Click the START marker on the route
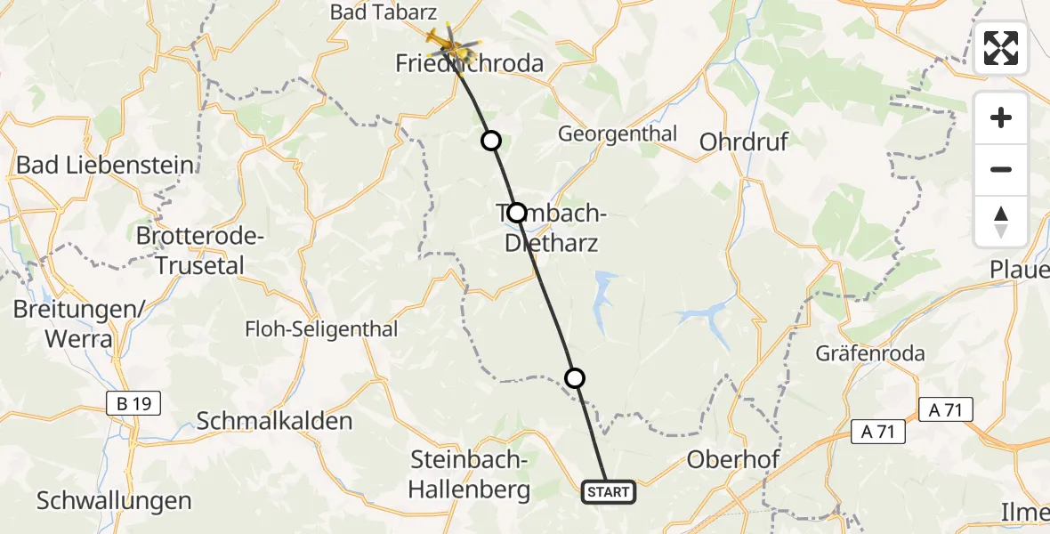[610, 492]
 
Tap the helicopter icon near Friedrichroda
[448, 39]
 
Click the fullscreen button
[1001, 47]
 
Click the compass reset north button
[1001, 222]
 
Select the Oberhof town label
[734, 460]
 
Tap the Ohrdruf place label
[744, 142]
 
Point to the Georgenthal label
[617, 134]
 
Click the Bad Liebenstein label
[105, 165]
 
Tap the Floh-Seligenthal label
[321, 329]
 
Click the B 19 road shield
[133, 404]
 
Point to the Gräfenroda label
[870, 353]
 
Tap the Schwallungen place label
[114, 500]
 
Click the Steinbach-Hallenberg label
[471, 474]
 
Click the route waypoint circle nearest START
[576, 378]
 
